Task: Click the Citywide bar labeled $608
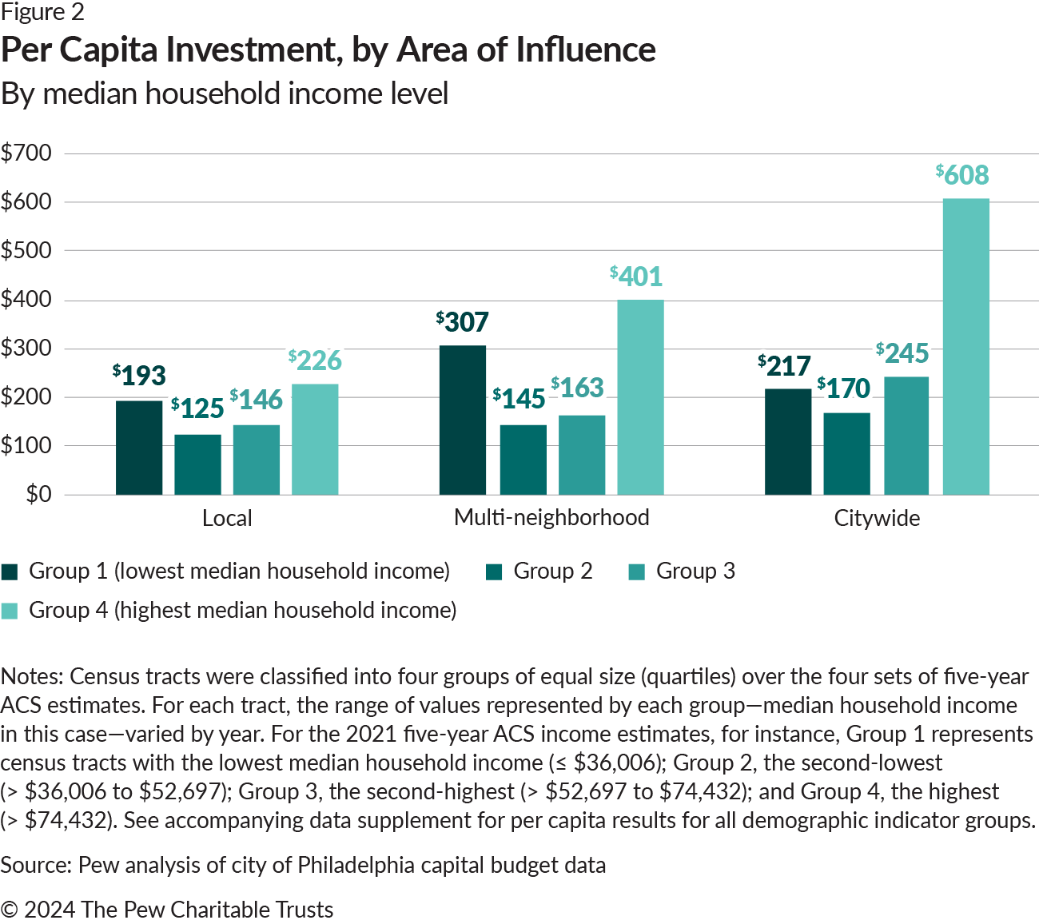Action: pyautogui.click(x=965, y=346)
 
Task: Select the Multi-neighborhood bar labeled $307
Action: pyautogui.click(x=463, y=420)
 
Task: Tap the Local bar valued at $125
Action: pyautogui.click(x=197, y=464)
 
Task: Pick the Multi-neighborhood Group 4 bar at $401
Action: pyautogui.click(x=640, y=397)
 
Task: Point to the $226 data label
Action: pyautogui.click(x=315, y=360)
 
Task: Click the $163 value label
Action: pyautogui.click(x=577, y=388)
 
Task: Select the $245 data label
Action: pyautogui.click(x=902, y=352)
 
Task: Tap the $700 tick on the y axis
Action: pyautogui.click(x=26, y=153)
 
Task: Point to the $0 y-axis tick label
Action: pyautogui.click(x=38, y=494)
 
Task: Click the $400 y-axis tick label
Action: pyautogui.click(x=26, y=300)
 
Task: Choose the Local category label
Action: pyautogui.click(x=227, y=518)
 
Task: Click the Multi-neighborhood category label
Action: pyautogui.click(x=551, y=517)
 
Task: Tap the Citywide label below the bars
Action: pyautogui.click(x=877, y=518)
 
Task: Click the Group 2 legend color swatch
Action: pyautogui.click(x=494, y=572)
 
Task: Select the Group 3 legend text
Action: pyautogui.click(x=695, y=571)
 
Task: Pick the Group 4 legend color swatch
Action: pyautogui.click(x=10, y=611)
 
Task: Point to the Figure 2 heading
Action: pyautogui.click(x=42, y=12)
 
